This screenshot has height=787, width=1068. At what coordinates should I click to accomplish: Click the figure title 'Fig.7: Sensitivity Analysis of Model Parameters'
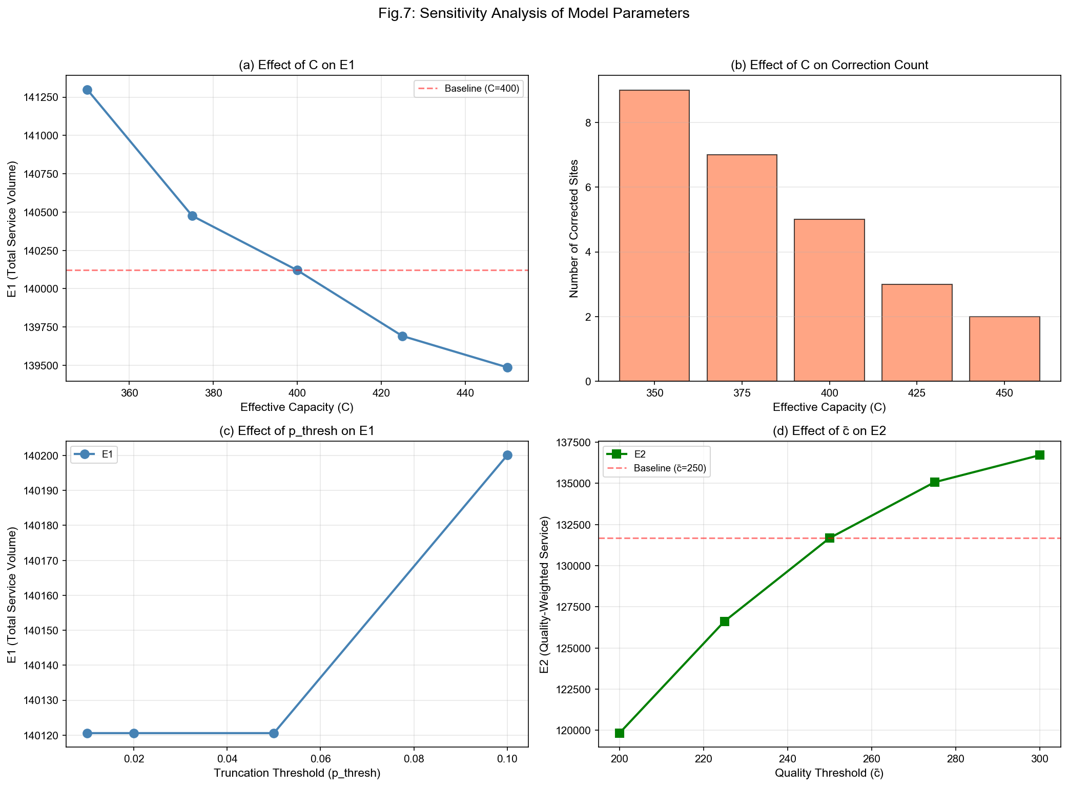[533, 14]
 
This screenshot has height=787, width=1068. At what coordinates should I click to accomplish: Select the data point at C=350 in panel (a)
[87, 90]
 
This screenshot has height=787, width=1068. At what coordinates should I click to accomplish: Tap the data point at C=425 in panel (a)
[402, 336]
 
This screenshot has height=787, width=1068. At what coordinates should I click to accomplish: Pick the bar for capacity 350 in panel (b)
[654, 236]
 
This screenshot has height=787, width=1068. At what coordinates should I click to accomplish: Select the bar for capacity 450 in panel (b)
[1004, 349]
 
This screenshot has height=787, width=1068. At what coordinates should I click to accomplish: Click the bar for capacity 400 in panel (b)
[829, 300]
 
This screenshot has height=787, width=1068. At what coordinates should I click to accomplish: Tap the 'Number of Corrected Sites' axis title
[574, 229]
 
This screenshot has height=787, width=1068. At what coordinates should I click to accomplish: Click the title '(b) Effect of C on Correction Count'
[829, 65]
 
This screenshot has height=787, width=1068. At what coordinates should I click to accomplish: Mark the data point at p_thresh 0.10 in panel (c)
[507, 455]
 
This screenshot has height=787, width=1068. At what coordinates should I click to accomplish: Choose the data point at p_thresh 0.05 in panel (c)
[274, 733]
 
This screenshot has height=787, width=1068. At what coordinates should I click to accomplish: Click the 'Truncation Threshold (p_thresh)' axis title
[297, 773]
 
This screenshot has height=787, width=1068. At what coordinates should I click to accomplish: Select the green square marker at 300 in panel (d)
[1039, 455]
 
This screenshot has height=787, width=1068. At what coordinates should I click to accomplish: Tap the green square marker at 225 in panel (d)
[725, 622]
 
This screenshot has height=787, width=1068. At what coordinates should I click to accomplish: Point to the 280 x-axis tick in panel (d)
[955, 758]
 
